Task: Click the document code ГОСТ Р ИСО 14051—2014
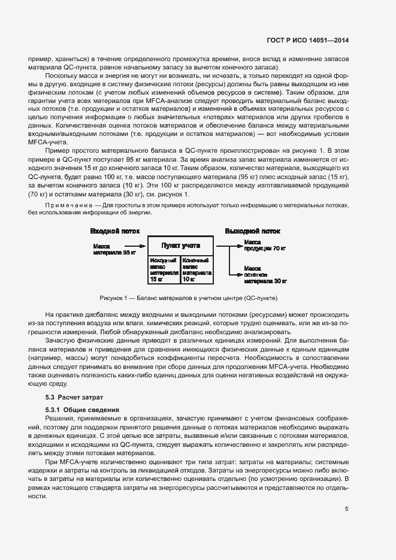click(308, 41)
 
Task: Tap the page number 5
click(347, 510)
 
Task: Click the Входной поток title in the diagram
click(114, 231)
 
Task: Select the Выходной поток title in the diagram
click(252, 231)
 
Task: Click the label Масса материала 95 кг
click(114, 249)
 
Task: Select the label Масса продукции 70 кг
click(265, 245)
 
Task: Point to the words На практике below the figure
click(62, 314)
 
